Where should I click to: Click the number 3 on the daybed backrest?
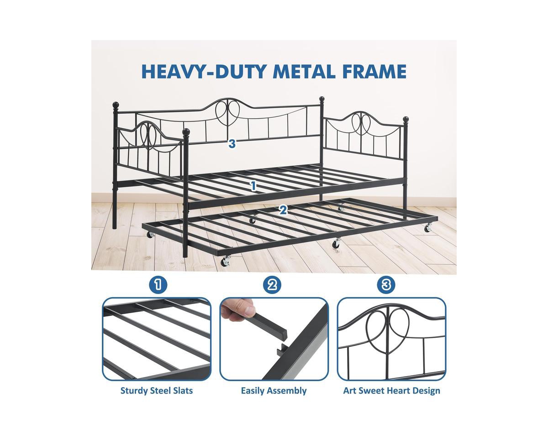point(232,143)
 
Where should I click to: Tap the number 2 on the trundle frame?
point(283,210)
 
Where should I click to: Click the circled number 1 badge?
point(158,285)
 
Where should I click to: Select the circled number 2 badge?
point(272,285)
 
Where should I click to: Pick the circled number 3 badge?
point(386,285)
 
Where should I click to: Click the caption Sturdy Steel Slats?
point(157,391)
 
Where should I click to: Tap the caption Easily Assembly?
point(274,391)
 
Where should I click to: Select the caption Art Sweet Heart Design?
point(391,391)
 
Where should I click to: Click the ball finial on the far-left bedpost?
point(116,105)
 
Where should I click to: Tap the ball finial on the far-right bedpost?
point(406,120)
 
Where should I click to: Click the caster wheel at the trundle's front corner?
point(225,262)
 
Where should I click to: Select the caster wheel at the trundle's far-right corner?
point(428,228)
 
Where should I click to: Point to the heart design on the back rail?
point(227,112)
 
